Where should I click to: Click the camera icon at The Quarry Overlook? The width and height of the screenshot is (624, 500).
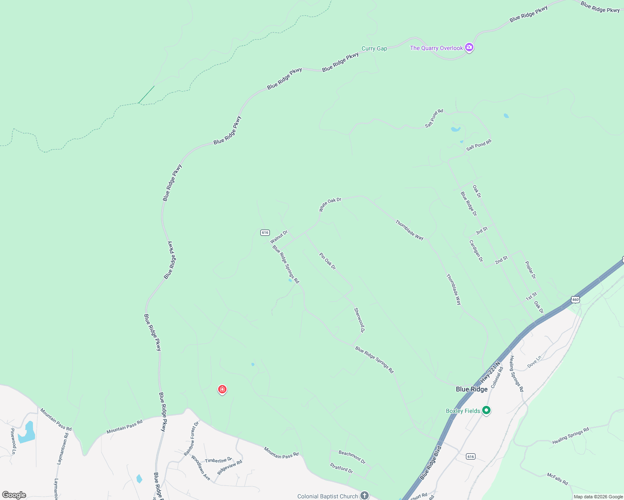469,47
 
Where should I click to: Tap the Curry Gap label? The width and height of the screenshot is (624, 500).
374,49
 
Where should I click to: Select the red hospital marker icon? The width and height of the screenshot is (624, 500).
222,390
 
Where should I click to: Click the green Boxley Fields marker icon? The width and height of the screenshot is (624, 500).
486,410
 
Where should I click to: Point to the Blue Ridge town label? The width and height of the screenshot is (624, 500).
471,389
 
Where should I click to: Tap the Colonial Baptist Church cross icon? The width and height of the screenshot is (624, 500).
365,495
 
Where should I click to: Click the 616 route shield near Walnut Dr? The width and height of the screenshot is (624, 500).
265,232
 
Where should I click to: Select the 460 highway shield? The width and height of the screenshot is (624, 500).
576,300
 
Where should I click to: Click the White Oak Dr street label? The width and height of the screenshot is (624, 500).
330,205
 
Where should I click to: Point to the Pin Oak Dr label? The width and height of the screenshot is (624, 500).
327,261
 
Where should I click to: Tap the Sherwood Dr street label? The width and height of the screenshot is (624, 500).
359,320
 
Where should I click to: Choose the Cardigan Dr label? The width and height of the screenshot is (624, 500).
476,251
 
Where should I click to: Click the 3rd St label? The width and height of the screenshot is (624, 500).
481,231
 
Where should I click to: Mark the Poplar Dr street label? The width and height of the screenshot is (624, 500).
530,270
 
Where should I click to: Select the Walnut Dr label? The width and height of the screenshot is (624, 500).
279,237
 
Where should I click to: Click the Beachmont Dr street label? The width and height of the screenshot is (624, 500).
352,457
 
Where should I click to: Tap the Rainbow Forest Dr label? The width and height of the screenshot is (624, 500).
191,438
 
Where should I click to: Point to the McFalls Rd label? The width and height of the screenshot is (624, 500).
557,479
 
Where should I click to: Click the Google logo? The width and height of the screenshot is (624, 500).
14,495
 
